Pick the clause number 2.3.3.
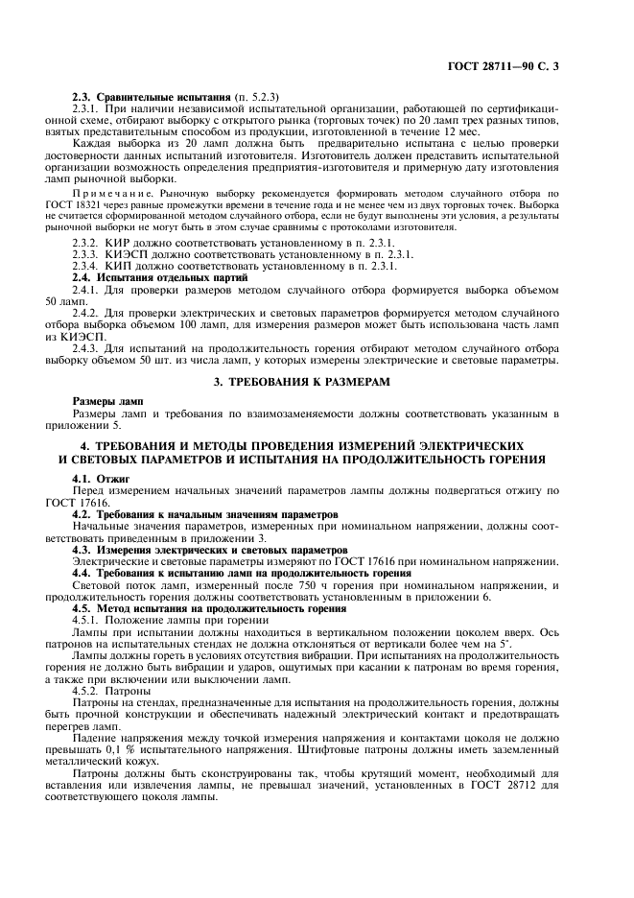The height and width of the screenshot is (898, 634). (x=89, y=254)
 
